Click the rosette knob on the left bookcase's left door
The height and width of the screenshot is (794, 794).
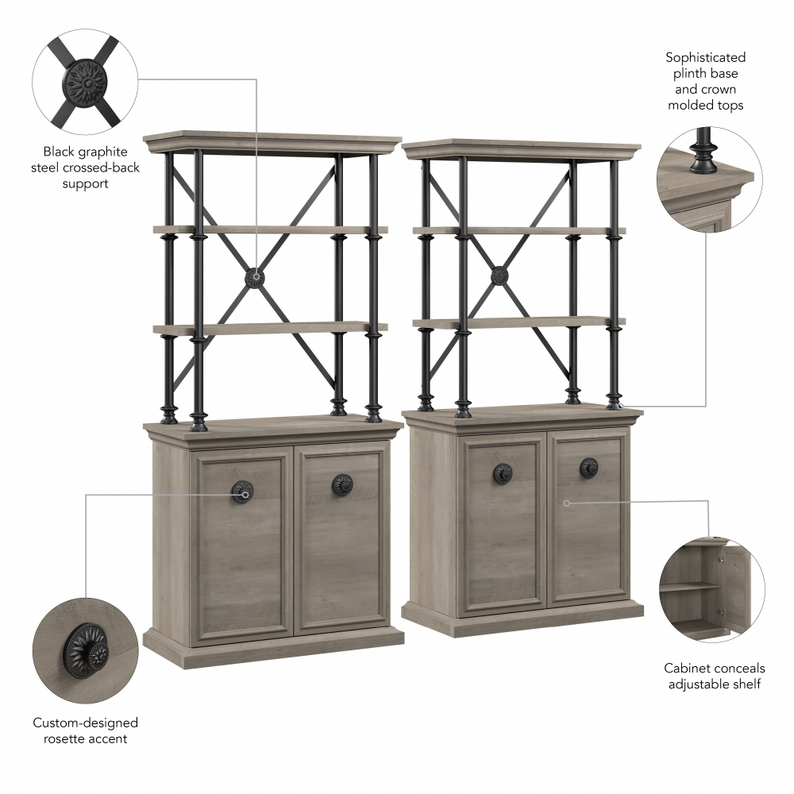click(x=242, y=491)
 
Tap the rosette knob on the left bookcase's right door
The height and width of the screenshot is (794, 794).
click(x=342, y=485)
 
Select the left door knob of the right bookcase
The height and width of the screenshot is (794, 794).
click(x=503, y=472)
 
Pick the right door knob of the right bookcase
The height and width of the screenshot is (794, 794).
click(x=588, y=467)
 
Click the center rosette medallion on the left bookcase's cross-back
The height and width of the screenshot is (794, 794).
click(x=255, y=277)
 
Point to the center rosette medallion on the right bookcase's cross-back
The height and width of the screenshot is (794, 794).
click(x=499, y=276)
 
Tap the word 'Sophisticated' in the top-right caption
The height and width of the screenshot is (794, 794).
click(x=705, y=58)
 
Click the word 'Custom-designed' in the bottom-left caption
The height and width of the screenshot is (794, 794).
click(x=85, y=723)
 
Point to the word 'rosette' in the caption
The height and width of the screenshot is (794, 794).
click(x=64, y=738)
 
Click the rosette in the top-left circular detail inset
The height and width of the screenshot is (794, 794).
click(x=85, y=83)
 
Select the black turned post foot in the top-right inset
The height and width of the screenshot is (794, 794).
click(x=703, y=152)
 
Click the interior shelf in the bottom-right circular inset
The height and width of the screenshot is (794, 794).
click(x=691, y=587)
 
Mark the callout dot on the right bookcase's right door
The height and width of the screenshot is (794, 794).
click(x=567, y=503)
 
